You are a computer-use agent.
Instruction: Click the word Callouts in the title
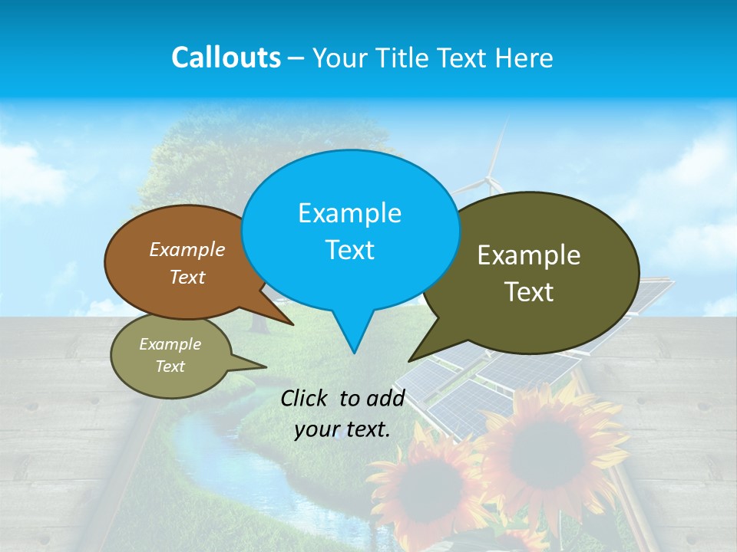(x=226, y=58)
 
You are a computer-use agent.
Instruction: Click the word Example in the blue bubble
(x=349, y=213)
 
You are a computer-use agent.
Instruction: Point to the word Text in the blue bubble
(x=349, y=250)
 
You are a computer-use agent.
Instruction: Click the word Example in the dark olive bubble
(x=529, y=255)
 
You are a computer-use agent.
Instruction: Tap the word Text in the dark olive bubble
(x=529, y=292)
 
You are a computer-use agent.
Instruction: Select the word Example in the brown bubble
(x=187, y=249)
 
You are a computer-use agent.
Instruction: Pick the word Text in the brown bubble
(x=187, y=277)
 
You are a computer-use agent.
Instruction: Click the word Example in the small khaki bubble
(x=170, y=344)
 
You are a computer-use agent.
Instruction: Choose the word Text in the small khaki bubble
(x=170, y=366)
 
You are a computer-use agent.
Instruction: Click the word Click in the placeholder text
(x=306, y=398)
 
